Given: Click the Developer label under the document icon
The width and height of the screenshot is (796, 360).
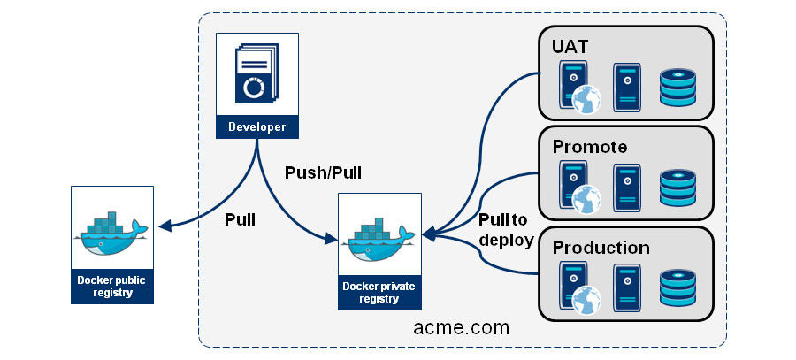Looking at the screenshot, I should [256, 126].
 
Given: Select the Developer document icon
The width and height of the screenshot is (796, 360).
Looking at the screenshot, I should [256, 76].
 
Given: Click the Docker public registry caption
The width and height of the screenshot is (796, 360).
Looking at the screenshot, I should [112, 287].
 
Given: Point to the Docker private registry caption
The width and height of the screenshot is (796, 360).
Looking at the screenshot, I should [379, 293].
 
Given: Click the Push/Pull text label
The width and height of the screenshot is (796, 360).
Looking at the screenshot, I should [323, 172].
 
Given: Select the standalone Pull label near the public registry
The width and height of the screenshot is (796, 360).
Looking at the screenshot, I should [239, 219].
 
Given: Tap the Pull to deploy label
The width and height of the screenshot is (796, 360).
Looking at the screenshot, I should [505, 230].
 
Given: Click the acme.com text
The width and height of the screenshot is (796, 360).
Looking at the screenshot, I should [461, 327].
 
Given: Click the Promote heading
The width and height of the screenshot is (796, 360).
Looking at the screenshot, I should [591, 146].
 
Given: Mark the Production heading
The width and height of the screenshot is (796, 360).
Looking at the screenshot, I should [601, 248].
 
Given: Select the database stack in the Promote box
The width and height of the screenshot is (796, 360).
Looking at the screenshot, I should [678, 188].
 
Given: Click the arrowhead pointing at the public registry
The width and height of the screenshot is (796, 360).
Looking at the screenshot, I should [162, 228].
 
